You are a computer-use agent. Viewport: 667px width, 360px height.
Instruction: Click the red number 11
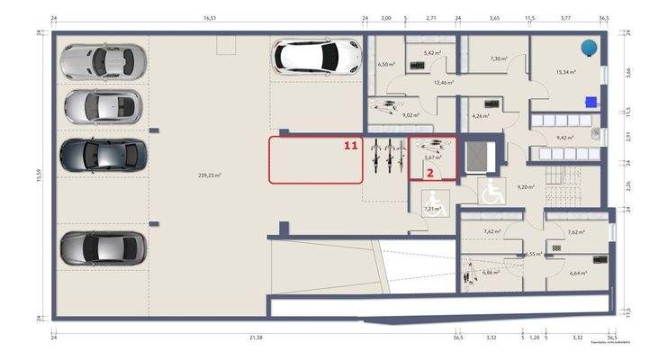[351, 144]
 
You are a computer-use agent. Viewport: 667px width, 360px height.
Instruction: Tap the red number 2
[431, 171]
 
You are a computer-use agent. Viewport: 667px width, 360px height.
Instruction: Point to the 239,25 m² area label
[209, 176]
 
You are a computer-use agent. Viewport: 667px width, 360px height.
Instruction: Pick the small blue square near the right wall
[590, 101]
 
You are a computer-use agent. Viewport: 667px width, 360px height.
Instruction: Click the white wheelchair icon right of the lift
[491, 191]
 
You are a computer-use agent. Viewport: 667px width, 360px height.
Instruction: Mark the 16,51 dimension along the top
[210, 18]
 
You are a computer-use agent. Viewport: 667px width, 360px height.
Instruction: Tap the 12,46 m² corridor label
[443, 82]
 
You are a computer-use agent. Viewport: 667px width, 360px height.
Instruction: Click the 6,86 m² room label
[491, 272]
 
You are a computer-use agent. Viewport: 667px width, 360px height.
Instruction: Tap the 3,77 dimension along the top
[565, 18]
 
